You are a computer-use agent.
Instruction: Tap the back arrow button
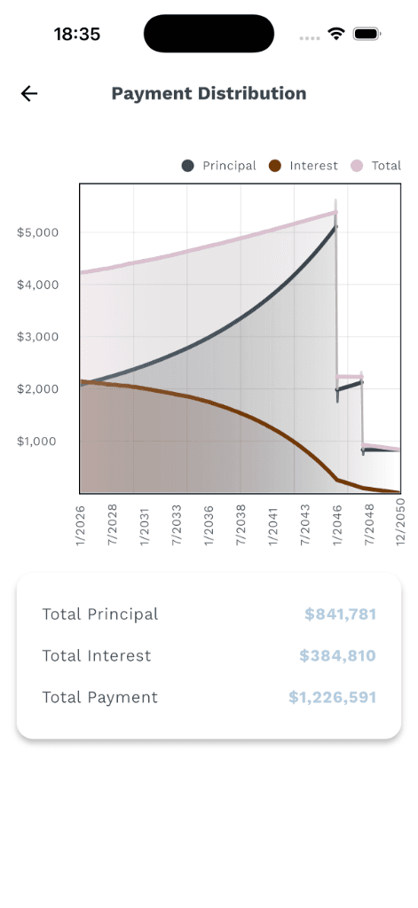[x=29, y=94]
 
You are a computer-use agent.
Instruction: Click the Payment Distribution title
[x=209, y=94]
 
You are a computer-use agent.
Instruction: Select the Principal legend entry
[x=220, y=166]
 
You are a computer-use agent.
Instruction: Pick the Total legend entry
[x=377, y=166]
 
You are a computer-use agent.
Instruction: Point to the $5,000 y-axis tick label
[x=38, y=232]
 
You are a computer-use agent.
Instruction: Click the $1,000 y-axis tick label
[x=38, y=442]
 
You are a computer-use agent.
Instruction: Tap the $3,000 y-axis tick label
[x=38, y=337]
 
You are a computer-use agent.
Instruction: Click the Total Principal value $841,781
[x=340, y=614]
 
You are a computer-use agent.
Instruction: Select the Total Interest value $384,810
[x=337, y=656]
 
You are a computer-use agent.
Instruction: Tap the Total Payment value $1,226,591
[x=332, y=698]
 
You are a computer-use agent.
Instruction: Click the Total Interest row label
[x=97, y=656]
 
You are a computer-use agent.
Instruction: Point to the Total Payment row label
[x=100, y=698]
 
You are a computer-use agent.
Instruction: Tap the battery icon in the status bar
[x=367, y=34]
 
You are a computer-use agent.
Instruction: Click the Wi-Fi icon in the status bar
[x=336, y=34]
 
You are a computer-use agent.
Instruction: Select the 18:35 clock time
[x=77, y=35]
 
